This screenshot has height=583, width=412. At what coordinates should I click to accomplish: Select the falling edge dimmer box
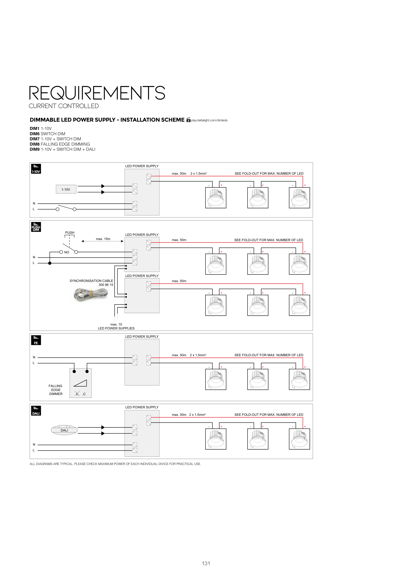81,383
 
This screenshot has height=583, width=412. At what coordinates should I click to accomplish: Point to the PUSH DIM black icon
36,227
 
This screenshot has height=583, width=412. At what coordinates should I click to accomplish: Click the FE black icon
36,340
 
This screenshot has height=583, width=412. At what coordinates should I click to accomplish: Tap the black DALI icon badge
36,411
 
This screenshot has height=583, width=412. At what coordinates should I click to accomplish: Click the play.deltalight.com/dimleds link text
209,120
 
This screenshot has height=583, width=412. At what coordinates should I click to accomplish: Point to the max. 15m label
103,239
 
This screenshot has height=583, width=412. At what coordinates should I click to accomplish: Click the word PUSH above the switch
70,233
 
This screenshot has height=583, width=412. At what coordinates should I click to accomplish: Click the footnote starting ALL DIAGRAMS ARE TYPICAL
115,464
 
